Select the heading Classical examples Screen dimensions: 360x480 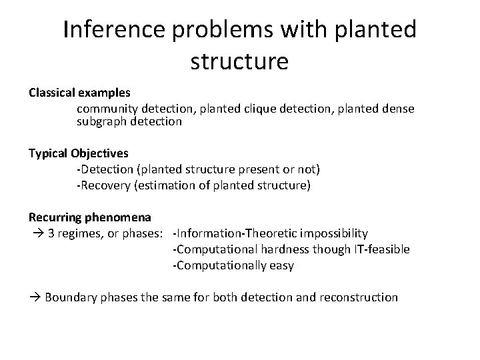[x=79, y=92]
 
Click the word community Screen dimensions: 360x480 [x=106, y=108]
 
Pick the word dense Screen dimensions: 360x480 [x=399, y=108]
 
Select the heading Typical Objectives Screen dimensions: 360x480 [x=79, y=153]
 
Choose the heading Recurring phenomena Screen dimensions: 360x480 [x=89, y=217]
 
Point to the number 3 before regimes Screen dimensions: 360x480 [x=52, y=233]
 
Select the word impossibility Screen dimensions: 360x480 [x=334, y=233]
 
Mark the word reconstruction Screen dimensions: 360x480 [x=359, y=297]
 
